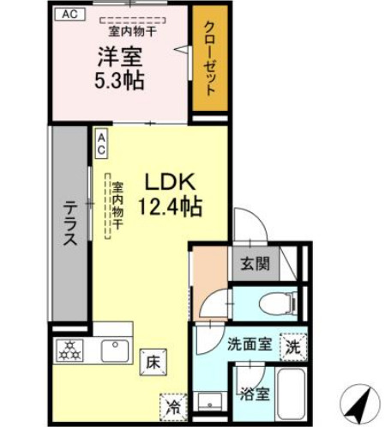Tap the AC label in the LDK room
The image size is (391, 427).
point(101,143)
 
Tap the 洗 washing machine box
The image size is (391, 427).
point(292,346)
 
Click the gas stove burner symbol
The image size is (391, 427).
point(68,351)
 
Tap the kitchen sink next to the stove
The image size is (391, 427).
point(113,351)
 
